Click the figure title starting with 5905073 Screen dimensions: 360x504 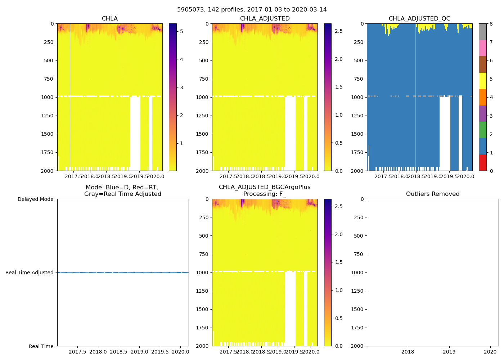pyautogui.click(x=252, y=10)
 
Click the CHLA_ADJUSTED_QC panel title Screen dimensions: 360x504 pyautogui.click(x=419, y=19)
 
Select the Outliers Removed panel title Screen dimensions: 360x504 pyautogui.click(x=433, y=194)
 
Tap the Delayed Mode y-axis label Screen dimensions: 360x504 pyautogui.click(x=35, y=199)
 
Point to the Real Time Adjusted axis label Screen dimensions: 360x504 pyautogui.click(x=30, y=273)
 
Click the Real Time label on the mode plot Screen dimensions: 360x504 pyautogui.click(x=41, y=346)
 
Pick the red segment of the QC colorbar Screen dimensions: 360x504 pyautogui.click(x=483, y=163)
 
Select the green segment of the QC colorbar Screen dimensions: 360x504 pyautogui.click(x=483, y=130)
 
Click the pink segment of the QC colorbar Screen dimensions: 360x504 pyautogui.click(x=483, y=48)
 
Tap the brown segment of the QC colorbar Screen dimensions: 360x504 pyautogui.click(x=483, y=64)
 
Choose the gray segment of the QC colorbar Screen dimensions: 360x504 pyautogui.click(x=483, y=32)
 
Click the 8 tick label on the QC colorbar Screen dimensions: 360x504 pyautogui.click(x=491, y=24)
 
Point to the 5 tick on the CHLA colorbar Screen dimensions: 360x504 pyautogui.click(x=181, y=32)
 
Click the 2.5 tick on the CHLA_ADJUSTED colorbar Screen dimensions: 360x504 pyautogui.click(x=339, y=31)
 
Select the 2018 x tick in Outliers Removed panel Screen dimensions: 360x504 pyautogui.click(x=408, y=352)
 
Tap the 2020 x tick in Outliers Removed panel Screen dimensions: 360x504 pyautogui.click(x=490, y=352)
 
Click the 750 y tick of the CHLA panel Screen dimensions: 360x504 pyautogui.click(x=48, y=79)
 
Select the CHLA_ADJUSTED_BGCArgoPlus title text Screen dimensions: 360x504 pyautogui.click(x=265, y=187)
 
